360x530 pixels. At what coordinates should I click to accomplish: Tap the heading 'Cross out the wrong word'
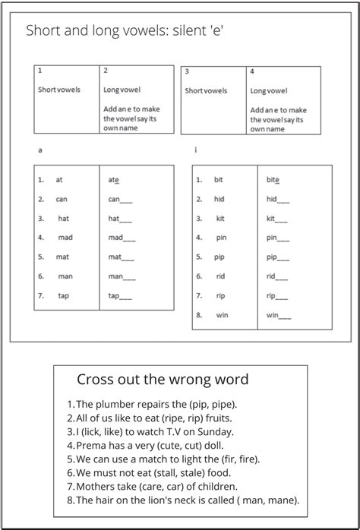tap(163, 379)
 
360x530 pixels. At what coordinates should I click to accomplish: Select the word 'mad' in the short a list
tap(65, 238)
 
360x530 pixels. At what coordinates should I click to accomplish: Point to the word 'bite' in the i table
tap(273, 181)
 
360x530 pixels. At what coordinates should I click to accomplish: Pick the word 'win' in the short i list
tap(222, 314)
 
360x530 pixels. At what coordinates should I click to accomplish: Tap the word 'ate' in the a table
tap(114, 181)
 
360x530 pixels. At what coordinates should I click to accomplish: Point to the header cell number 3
tap(187, 71)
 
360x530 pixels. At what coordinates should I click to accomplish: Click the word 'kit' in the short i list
tap(220, 219)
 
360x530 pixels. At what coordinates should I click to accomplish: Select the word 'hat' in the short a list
tap(64, 219)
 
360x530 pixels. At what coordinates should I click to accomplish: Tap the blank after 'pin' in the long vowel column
tap(283, 238)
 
